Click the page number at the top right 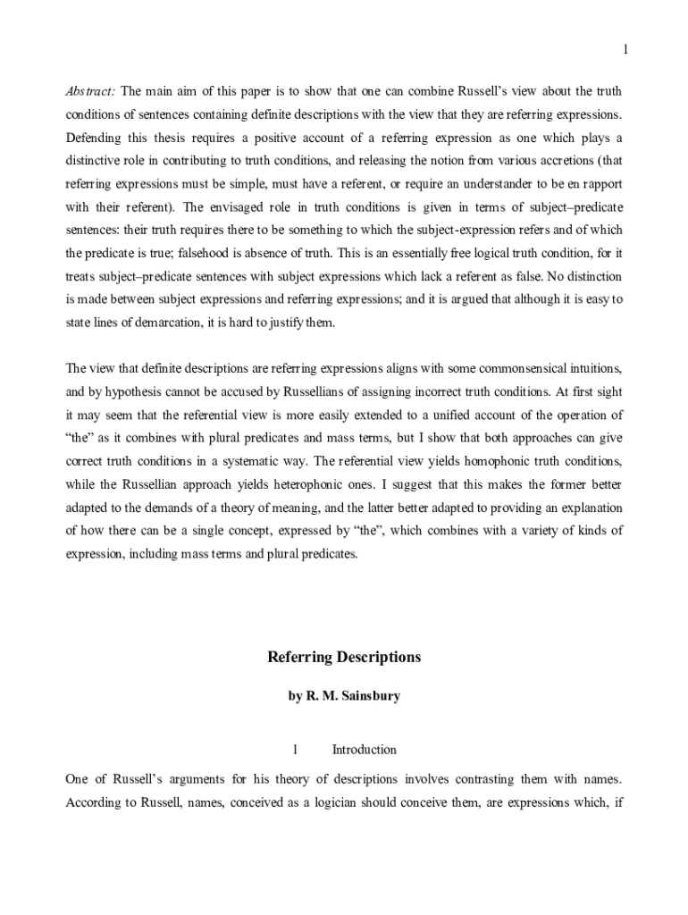pos(625,49)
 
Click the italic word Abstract pos(90,91)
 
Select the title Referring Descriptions pos(344,658)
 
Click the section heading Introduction pos(364,750)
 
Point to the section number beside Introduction pos(294,750)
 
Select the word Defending pos(94,138)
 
